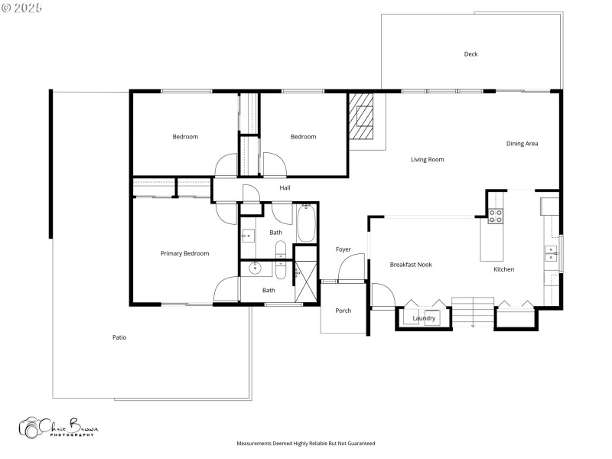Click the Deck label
[470, 54]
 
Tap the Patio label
[119, 337]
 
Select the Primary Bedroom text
[184, 253]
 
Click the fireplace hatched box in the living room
[362, 116]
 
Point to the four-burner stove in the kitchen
[495, 216]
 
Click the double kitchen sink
[551, 253]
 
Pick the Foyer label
[343, 249]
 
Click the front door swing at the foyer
[347, 269]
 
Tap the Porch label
[343, 310]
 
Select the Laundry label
[424, 318]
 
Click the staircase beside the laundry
[473, 311]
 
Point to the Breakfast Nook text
[411, 265]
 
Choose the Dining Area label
[522, 143]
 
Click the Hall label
[285, 187]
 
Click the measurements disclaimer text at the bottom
[305, 444]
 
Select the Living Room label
[427, 159]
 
